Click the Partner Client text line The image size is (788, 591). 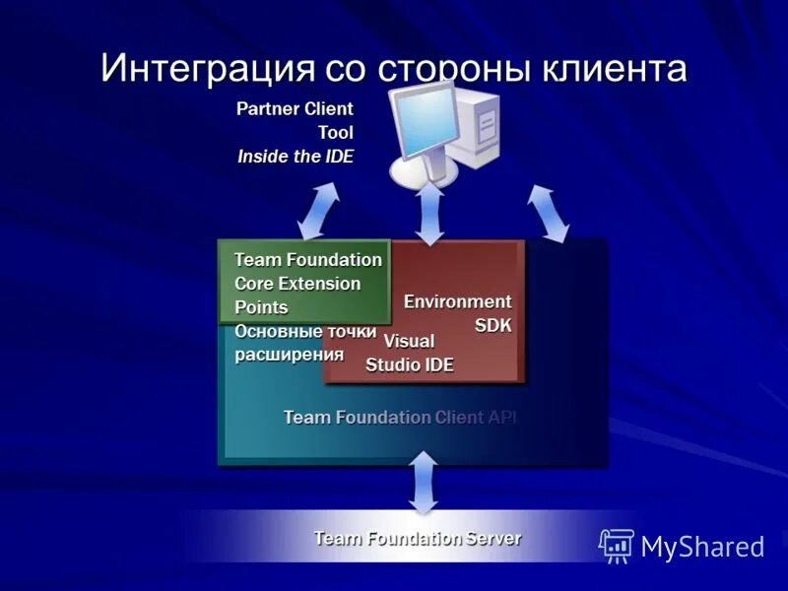tap(295, 108)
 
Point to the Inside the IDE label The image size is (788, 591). tap(295, 156)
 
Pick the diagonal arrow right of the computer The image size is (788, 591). tap(548, 212)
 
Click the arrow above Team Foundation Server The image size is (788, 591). tap(424, 482)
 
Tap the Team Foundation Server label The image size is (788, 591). tap(417, 539)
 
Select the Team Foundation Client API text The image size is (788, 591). tap(400, 418)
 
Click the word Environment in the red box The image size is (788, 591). tap(457, 301)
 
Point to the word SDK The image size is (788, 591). tap(493, 325)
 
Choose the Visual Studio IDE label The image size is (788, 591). tap(409, 354)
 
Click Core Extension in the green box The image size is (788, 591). tap(297, 284)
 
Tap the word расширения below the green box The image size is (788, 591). tap(290, 355)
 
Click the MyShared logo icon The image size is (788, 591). tap(617, 545)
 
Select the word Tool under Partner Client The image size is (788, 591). tap(335, 132)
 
